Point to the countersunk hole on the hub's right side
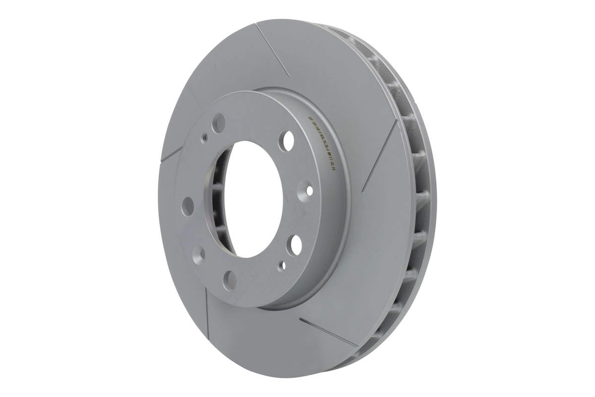click(x=309, y=190)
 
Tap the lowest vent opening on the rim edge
click(x=377, y=342)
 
